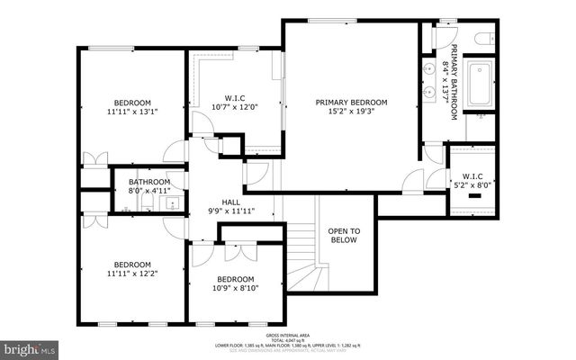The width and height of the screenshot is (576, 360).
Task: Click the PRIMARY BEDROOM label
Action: click(x=352, y=103)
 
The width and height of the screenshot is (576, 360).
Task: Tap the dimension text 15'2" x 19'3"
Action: click(x=352, y=113)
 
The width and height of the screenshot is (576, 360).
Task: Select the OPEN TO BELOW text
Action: click(x=343, y=235)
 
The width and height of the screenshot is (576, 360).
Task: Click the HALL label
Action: click(x=231, y=202)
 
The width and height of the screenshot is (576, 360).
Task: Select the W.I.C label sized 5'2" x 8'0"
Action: click(x=472, y=175)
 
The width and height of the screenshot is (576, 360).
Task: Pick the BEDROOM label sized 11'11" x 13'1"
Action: click(x=131, y=102)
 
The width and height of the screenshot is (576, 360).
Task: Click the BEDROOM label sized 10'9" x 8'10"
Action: click(x=236, y=279)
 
